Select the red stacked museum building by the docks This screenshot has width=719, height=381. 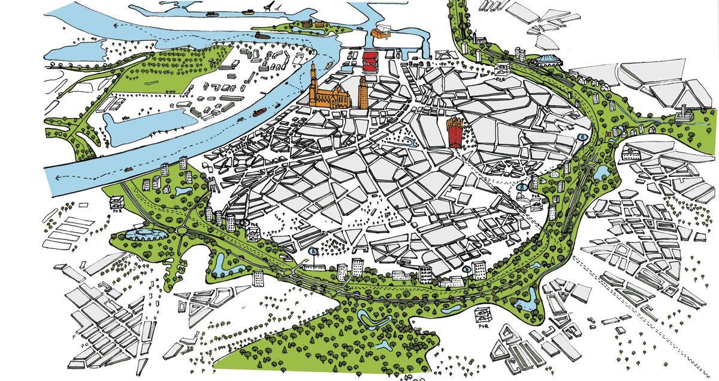[370, 62]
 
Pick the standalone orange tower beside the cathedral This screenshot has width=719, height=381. [363, 93]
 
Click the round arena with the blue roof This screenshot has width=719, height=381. [546, 59]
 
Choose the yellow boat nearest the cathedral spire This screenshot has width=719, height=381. [330, 63]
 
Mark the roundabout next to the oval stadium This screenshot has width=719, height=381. [180, 230]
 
